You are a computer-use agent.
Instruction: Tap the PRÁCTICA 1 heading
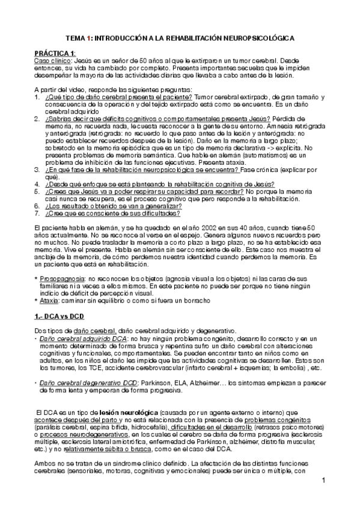click(55, 54)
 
